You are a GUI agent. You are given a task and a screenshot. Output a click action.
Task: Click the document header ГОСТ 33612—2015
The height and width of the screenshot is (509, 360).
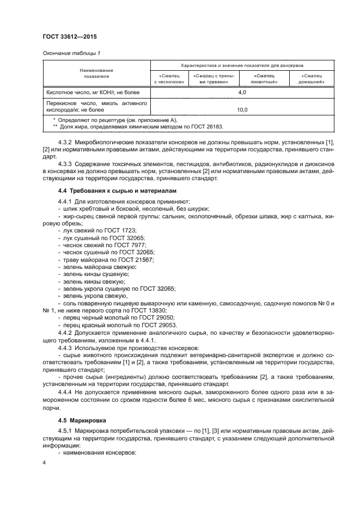pos(65,37)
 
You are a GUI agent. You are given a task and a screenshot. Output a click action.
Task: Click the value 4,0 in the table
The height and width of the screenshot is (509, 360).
pos(242,93)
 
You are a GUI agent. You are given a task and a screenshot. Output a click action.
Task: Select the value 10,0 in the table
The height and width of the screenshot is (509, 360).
pos(242,109)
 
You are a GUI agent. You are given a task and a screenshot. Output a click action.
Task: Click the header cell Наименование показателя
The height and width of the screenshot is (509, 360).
pos(96,73)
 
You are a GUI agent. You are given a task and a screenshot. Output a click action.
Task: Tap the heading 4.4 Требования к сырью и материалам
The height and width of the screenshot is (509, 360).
pos(112,191)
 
